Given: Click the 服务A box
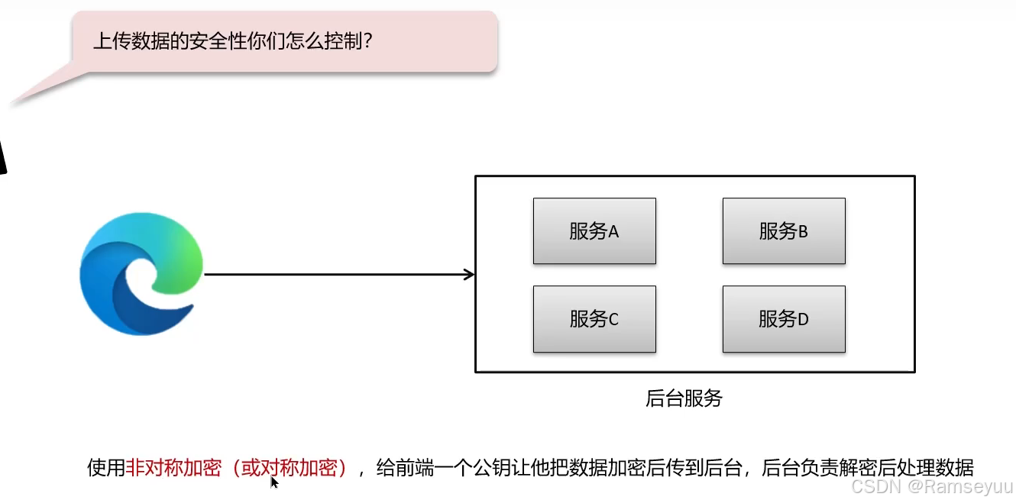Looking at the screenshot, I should pyautogui.click(x=594, y=231).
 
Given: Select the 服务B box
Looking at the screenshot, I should pyautogui.click(x=784, y=231).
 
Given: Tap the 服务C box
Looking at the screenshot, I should pyautogui.click(x=594, y=319).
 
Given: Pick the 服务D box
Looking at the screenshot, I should pyautogui.click(x=784, y=319).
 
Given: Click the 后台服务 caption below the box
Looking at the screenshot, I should pyautogui.click(x=684, y=398).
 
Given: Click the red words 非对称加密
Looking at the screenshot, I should pyautogui.click(x=172, y=468).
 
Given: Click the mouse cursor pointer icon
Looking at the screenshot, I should pyautogui.click(x=274, y=482).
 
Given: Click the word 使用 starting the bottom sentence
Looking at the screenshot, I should pyautogui.click(x=106, y=468).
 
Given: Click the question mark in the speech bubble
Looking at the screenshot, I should pyautogui.click(x=367, y=40).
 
